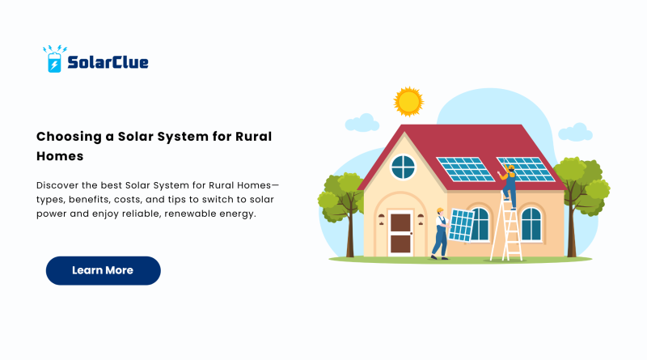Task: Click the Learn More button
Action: pos(104,270)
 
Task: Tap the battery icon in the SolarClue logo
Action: pos(54,62)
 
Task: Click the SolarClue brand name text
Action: pos(108,62)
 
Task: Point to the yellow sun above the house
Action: pos(408,102)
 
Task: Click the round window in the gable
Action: pos(403,167)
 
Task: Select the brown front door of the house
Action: pos(400,233)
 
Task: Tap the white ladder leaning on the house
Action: pos(507,227)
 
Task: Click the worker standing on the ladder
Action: pos(509,187)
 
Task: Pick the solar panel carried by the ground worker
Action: pos(461,226)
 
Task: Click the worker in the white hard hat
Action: pos(440,234)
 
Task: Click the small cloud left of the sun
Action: pos(362,123)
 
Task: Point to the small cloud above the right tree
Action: pos(575,132)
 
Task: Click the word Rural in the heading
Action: pos(253,137)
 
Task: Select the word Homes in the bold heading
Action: pos(60,156)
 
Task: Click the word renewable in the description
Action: pos(188,214)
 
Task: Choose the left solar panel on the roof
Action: pos(465,169)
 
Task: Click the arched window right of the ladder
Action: pos(531,225)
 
